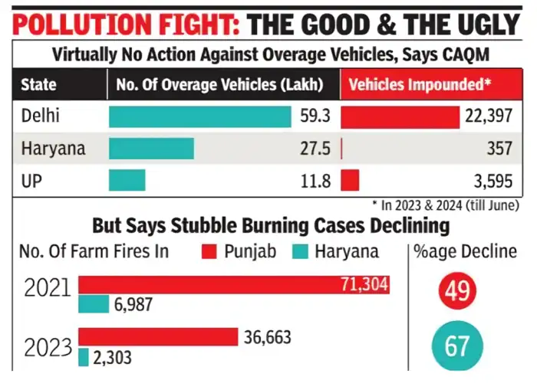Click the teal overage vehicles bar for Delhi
[199, 117]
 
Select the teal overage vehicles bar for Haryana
[151, 149]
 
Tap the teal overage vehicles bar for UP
[127, 181]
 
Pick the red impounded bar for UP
[349, 181]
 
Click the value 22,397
[486, 117]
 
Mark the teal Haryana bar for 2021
[94, 304]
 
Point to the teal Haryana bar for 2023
[84, 356]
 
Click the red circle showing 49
[457, 291]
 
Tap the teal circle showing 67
[457, 346]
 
